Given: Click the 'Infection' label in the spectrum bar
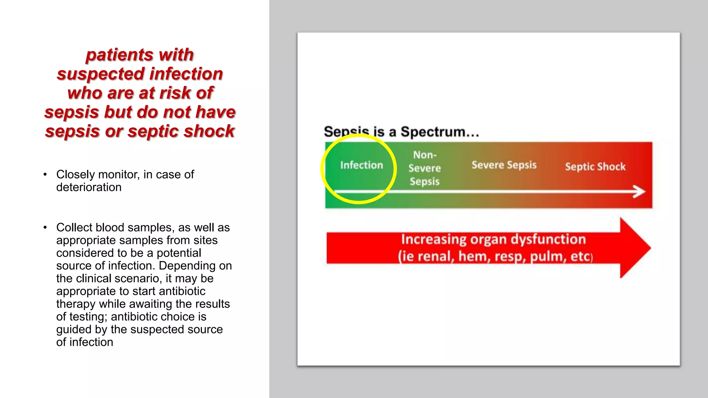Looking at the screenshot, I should (x=361, y=165).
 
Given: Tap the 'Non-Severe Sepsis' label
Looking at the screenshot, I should (x=425, y=168).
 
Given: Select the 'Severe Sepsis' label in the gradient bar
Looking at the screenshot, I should (x=504, y=165).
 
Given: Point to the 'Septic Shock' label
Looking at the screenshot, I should (x=595, y=167).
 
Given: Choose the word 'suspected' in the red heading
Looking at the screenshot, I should (x=101, y=74).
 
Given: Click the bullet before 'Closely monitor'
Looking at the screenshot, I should (x=45, y=174).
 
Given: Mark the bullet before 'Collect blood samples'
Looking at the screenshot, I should (x=45, y=227).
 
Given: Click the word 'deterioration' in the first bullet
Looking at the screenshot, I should (x=89, y=187).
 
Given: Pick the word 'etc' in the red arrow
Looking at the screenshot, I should (x=580, y=257).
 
